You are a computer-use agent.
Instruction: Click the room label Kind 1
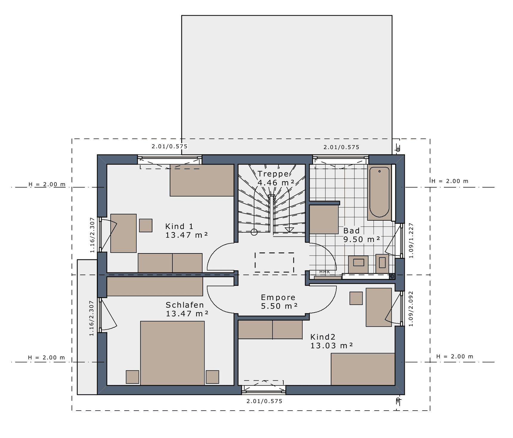click(179, 226)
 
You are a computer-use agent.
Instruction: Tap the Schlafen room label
click(185, 305)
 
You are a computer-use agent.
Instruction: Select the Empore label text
click(278, 297)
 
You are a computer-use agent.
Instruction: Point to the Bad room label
click(351, 230)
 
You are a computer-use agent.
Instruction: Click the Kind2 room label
click(323, 337)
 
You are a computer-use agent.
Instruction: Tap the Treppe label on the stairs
click(273, 174)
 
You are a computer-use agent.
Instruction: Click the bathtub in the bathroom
click(379, 192)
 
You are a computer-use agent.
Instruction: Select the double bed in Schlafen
click(172, 353)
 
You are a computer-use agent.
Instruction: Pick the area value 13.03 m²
click(332, 346)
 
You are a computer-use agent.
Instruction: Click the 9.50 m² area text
click(362, 239)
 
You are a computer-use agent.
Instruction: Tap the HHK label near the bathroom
click(325, 272)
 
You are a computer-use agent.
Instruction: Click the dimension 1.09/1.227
click(411, 241)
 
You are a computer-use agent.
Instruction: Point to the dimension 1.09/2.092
click(411, 309)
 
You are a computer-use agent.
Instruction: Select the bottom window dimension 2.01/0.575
click(264, 401)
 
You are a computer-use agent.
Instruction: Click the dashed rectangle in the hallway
click(274, 262)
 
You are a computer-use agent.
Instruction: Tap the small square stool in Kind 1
click(146, 225)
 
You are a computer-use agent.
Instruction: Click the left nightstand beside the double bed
click(132, 377)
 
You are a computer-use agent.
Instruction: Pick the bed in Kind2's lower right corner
click(363, 369)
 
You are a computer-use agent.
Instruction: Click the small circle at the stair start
click(254, 232)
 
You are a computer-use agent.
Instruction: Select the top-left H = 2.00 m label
click(47, 184)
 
